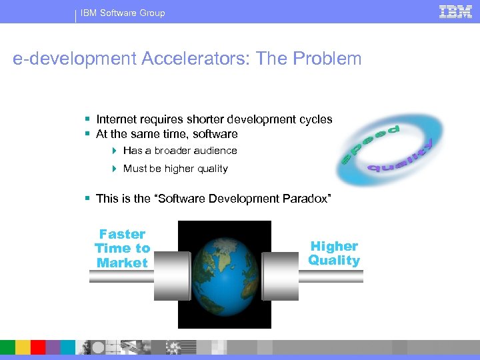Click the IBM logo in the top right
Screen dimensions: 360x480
point(455,11)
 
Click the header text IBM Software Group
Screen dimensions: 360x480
point(123,13)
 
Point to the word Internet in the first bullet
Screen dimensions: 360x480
point(117,119)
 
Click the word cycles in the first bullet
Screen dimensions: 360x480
point(317,119)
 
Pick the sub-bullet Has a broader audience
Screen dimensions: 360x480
point(180,151)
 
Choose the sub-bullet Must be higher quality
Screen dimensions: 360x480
point(175,169)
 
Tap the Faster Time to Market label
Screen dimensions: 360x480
point(123,248)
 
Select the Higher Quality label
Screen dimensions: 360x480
point(334,253)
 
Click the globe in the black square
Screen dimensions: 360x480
point(225,273)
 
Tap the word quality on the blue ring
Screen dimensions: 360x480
point(400,159)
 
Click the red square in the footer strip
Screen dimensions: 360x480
point(37,347)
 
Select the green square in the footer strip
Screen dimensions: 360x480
point(7,347)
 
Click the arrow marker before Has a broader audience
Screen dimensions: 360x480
point(115,151)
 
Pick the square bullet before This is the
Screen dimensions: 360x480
point(88,199)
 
